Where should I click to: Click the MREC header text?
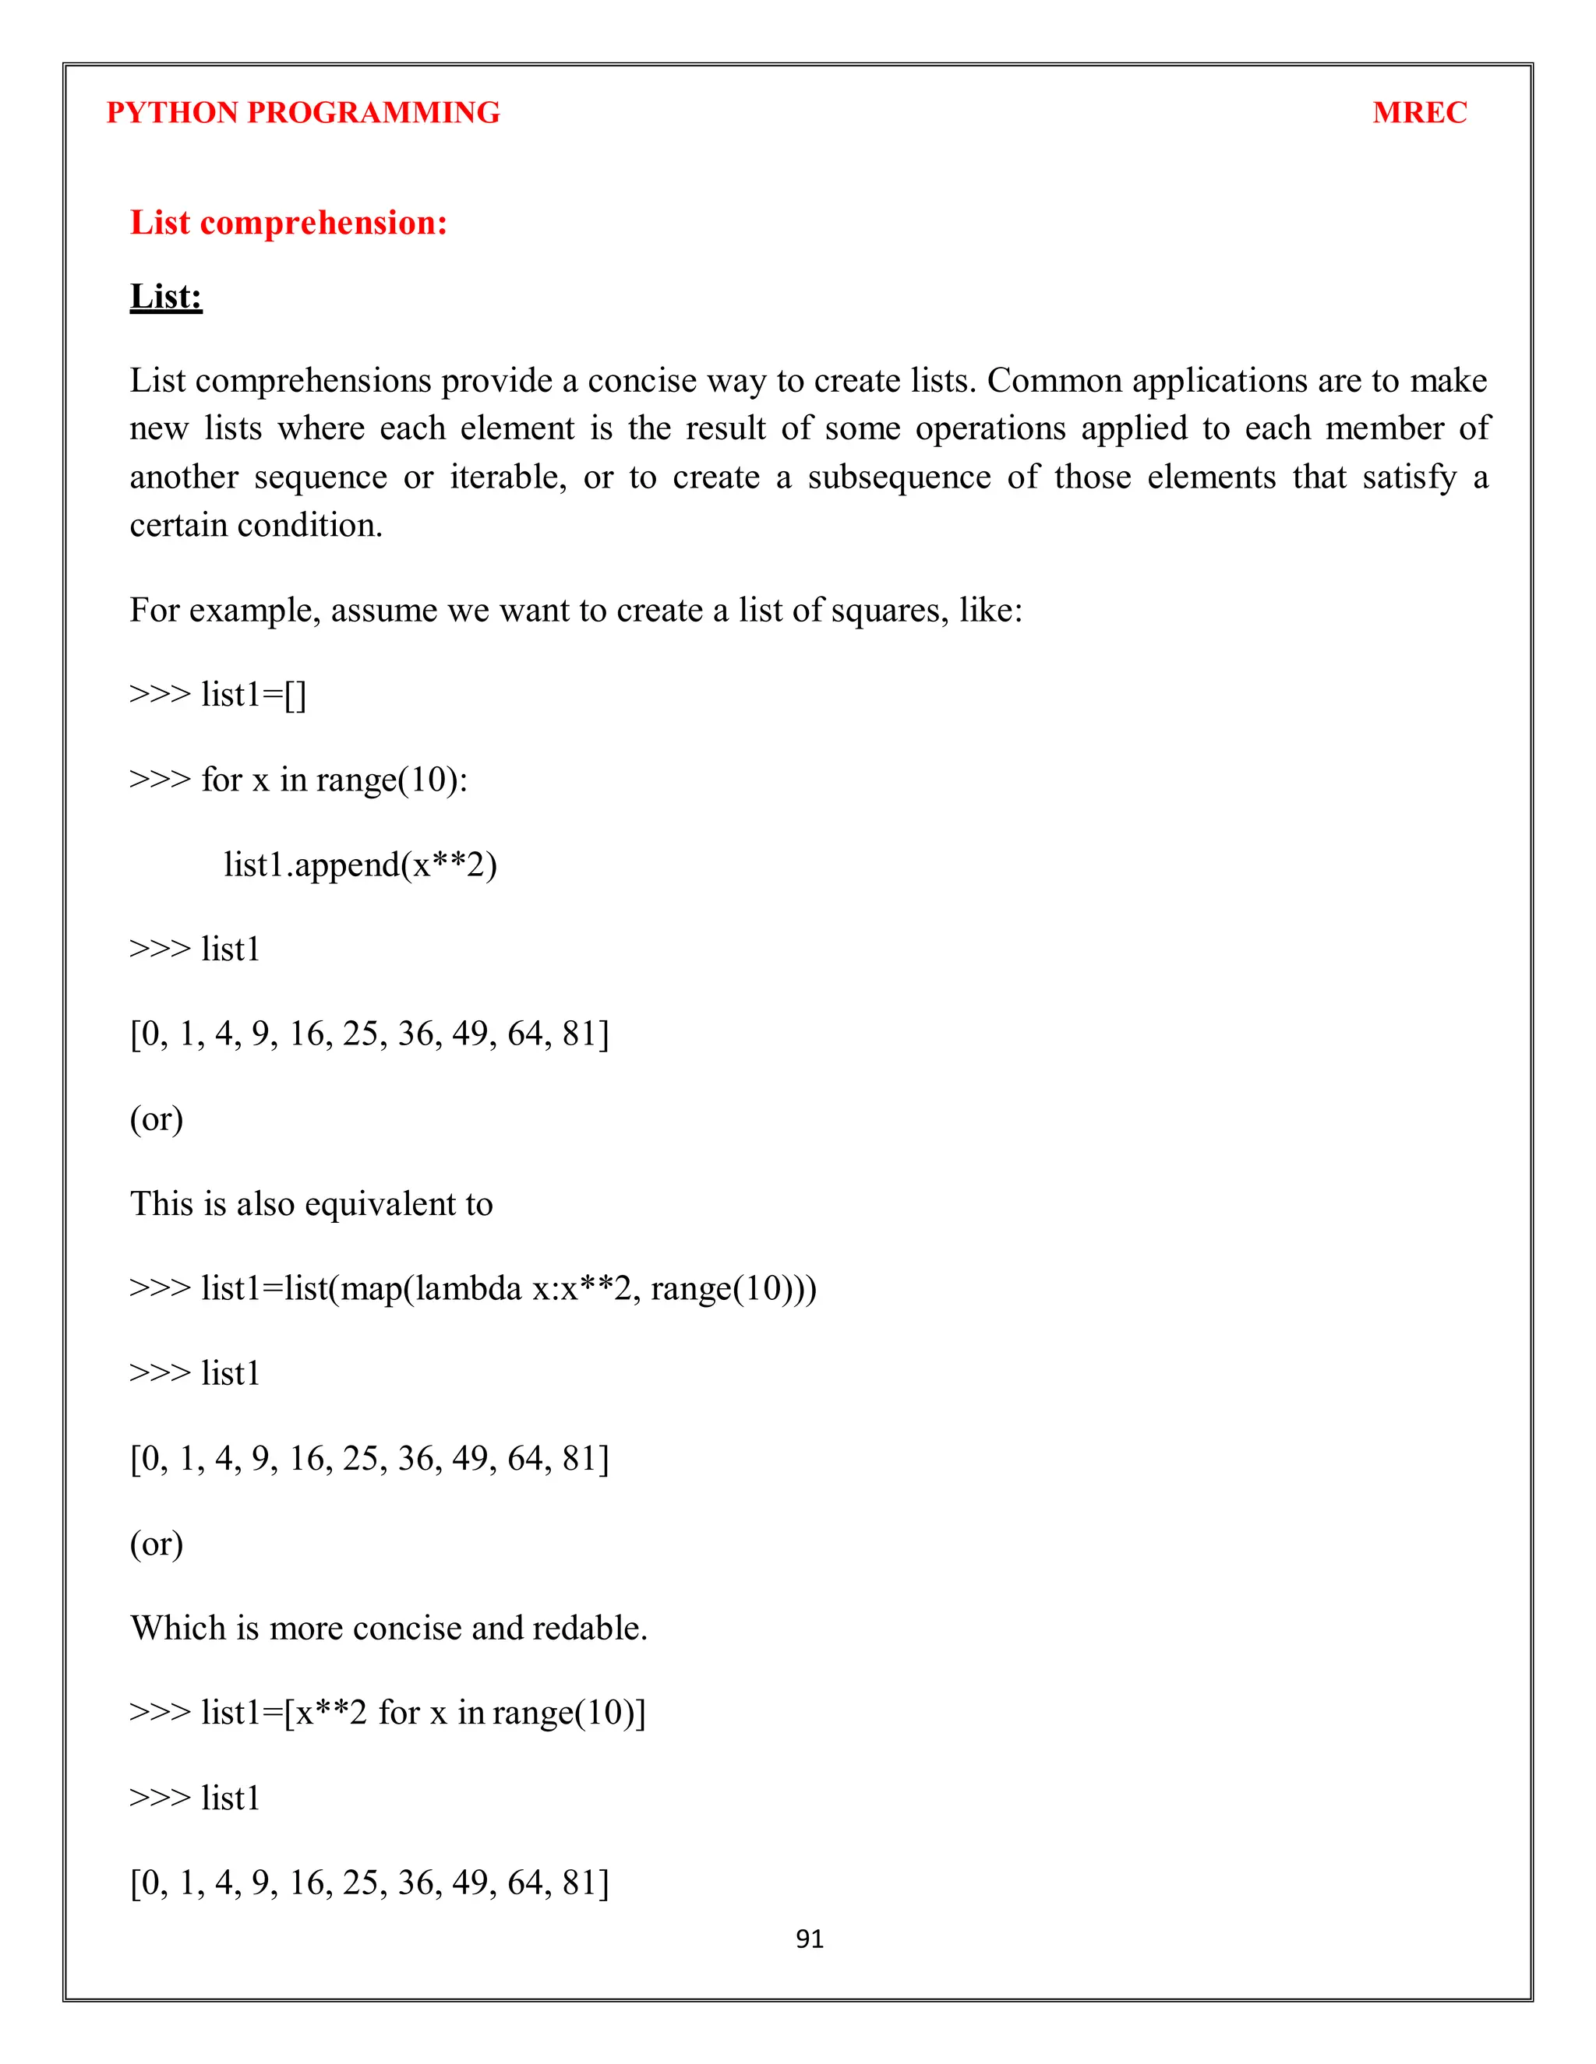point(1418,112)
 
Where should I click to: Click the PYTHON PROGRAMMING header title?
point(302,112)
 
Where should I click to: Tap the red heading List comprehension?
point(288,223)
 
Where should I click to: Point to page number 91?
point(810,1939)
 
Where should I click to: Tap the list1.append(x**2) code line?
point(360,865)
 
